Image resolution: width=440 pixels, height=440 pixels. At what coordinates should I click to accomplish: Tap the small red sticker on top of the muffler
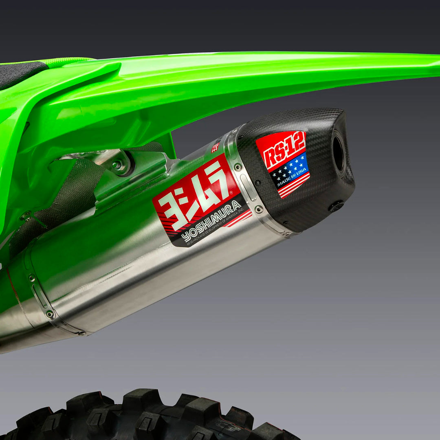pos(216,147)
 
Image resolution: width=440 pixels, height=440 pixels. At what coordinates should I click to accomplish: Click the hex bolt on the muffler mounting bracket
pos(118,165)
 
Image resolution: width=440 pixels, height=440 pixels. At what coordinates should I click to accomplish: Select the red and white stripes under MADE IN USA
pos(294,187)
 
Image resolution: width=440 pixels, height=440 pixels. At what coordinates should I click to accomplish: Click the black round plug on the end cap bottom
pos(337,206)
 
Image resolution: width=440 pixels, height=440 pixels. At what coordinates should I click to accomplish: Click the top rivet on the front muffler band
pos(31,278)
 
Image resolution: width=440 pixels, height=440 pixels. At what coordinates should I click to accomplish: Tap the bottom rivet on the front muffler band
pos(50,314)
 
